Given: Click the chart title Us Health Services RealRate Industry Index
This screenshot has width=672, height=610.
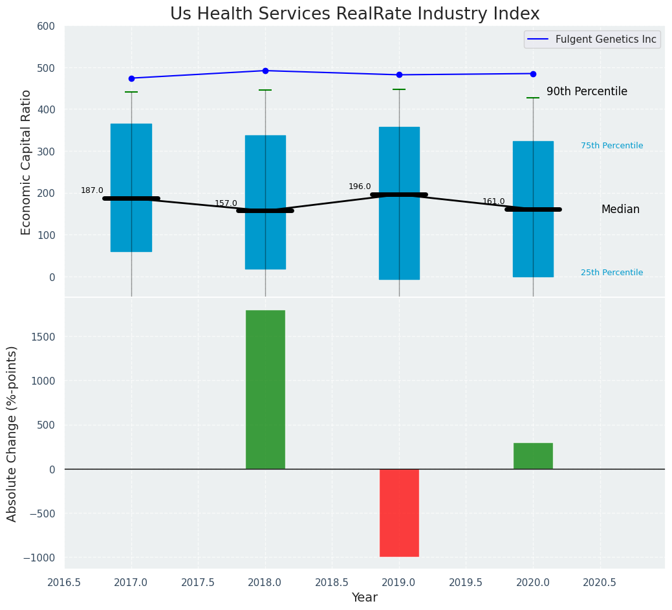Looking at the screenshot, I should [354, 14].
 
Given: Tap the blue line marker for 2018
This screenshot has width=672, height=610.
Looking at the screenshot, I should [265, 71].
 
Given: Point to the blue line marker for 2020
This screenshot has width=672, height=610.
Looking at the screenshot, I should [533, 74].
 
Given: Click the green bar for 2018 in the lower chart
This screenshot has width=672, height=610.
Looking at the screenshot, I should [265, 389].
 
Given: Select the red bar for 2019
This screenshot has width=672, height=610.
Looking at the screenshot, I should [399, 512].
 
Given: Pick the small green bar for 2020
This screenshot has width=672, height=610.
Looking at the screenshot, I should [533, 456].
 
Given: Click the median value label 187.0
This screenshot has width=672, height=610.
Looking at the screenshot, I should [92, 190].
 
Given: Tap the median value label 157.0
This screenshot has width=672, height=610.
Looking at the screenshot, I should [226, 203].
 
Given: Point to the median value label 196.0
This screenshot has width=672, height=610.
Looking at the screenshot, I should [360, 186].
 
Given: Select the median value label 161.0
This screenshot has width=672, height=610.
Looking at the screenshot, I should [493, 201].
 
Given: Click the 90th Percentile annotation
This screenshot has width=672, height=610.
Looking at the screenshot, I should [587, 92].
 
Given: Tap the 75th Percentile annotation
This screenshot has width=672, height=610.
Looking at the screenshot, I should [612, 146].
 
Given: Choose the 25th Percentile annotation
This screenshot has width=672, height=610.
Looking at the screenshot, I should [612, 273].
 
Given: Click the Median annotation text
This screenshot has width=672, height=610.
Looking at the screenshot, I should [620, 210].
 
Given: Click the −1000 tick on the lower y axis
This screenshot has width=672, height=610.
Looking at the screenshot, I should [41, 558].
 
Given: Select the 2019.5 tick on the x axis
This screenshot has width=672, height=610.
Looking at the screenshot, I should [466, 582].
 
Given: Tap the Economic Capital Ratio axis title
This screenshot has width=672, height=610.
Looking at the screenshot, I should [27, 162].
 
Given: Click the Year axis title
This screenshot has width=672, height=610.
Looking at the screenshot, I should [364, 598].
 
